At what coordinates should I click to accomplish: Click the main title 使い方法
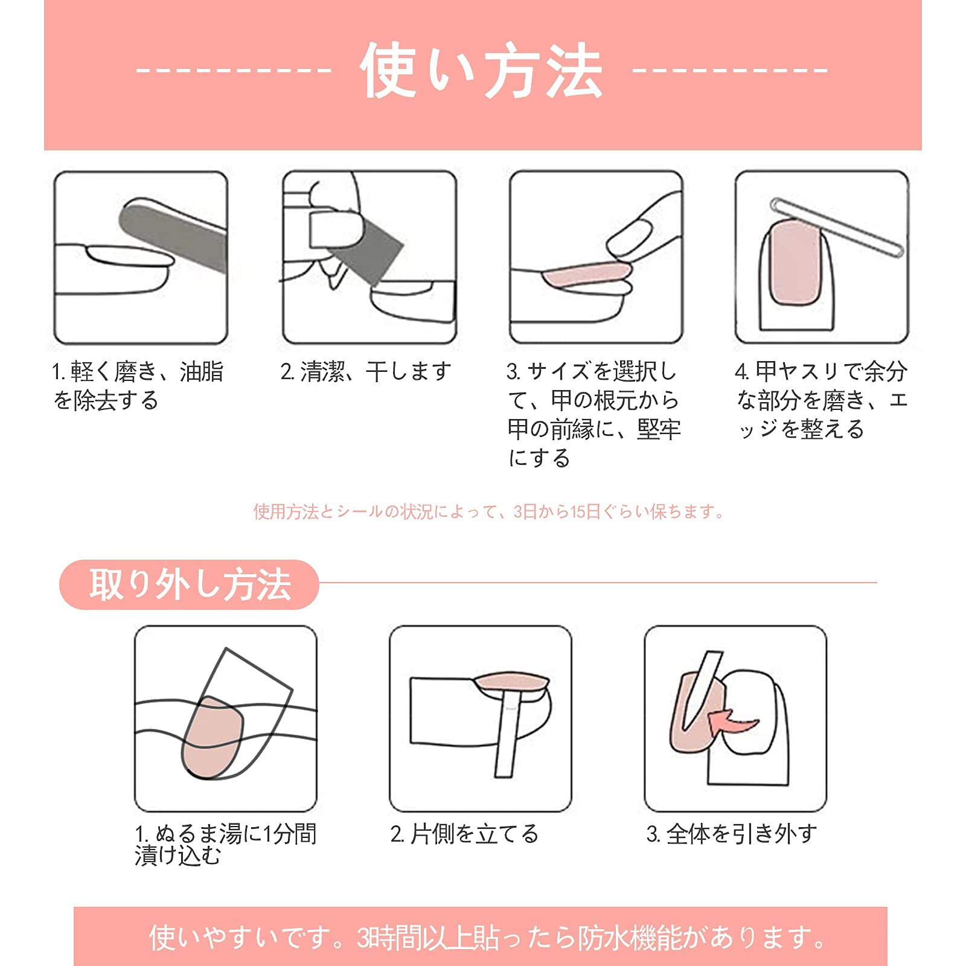(x=481, y=70)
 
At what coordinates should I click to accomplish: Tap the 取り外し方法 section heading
(x=190, y=584)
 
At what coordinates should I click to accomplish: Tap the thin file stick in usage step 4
(x=837, y=227)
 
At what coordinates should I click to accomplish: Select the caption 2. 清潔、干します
(x=366, y=371)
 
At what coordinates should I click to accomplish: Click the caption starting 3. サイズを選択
(x=594, y=415)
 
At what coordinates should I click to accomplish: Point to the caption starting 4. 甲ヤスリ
(x=821, y=400)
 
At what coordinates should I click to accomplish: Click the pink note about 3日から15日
(x=488, y=512)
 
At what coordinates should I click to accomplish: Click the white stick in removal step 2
(x=508, y=734)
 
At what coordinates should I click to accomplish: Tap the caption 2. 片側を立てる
(x=464, y=834)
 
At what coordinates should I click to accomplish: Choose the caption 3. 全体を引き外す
(x=732, y=834)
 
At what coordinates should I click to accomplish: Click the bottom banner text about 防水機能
(x=488, y=938)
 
